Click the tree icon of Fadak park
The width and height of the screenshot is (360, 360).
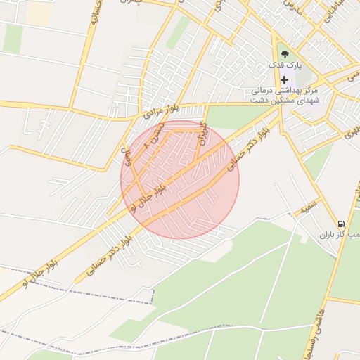(x=283, y=55)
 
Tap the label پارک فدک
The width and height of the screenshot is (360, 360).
(x=288, y=65)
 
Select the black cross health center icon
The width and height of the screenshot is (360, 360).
(x=284, y=79)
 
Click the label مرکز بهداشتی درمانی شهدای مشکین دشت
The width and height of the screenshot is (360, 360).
(x=285, y=96)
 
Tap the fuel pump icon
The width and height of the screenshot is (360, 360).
(x=341, y=224)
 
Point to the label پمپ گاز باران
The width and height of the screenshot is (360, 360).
(x=337, y=235)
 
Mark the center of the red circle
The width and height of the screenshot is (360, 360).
(x=180, y=179)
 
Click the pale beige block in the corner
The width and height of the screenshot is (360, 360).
(x=37, y=13)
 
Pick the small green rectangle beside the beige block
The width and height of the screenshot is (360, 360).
(x=13, y=39)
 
